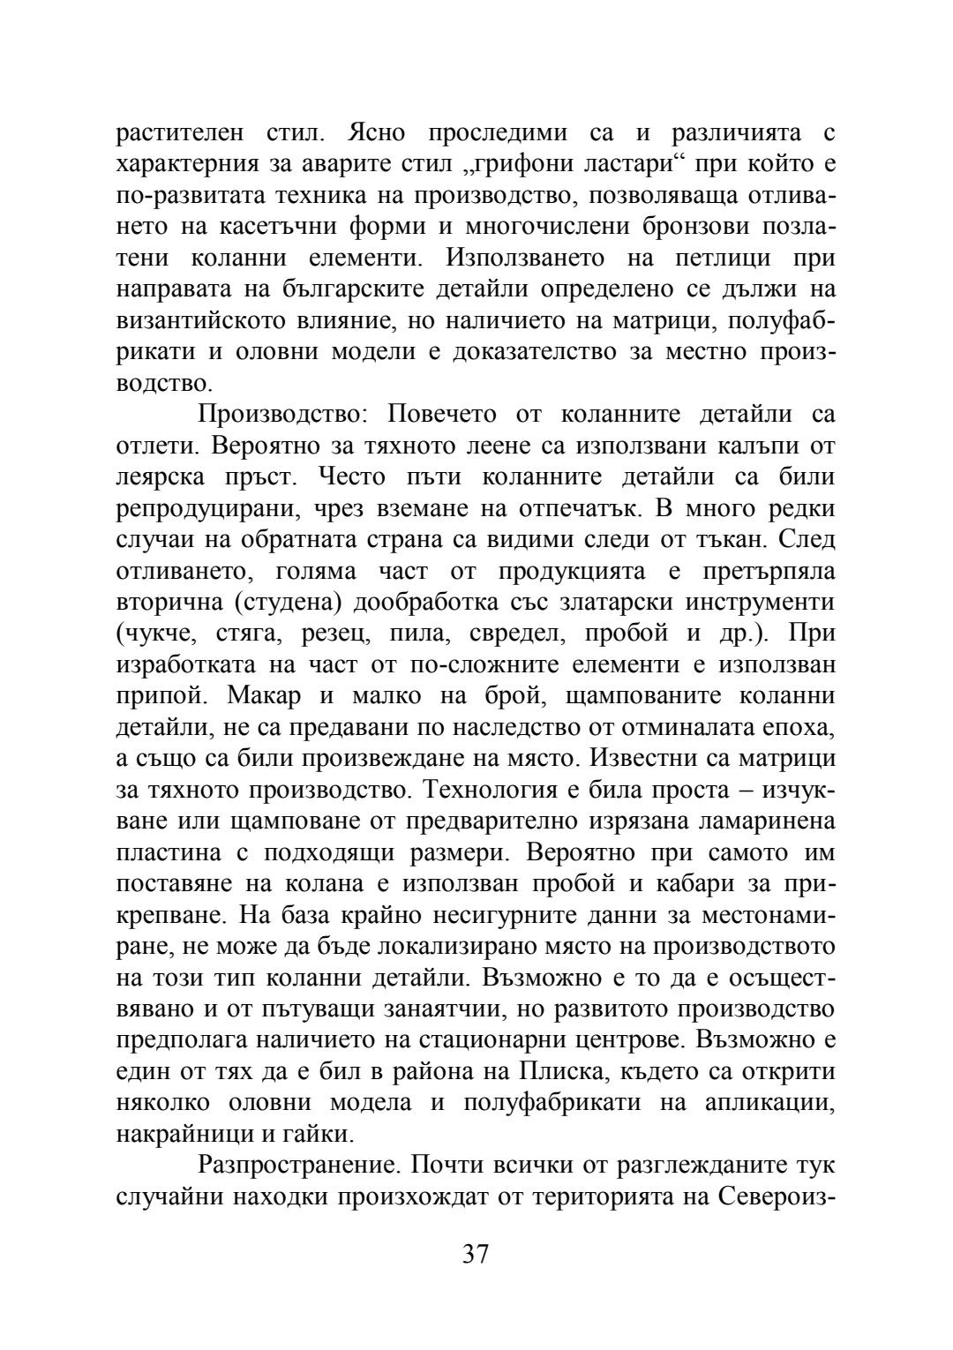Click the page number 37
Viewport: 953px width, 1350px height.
[475, 1253]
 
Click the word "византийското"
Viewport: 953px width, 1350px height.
[205, 321]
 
